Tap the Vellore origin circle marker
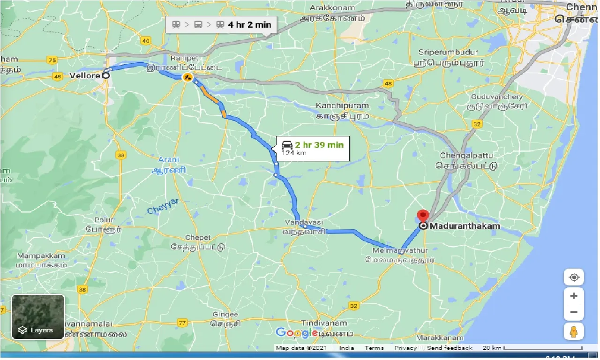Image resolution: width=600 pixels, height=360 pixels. [106, 75]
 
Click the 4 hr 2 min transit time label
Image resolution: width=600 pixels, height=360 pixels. [249, 24]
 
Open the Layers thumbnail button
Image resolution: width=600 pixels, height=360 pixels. [37, 317]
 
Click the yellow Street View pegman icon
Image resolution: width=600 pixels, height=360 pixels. [574, 332]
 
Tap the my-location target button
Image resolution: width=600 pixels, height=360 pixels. [574, 277]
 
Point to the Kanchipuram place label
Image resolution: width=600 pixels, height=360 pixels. [342, 106]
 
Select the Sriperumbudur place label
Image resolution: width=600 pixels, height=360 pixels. [448, 52]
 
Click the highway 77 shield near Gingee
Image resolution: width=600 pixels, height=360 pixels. [182, 322]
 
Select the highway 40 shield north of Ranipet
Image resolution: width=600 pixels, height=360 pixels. [146, 41]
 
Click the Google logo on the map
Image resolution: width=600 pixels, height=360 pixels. [297, 333]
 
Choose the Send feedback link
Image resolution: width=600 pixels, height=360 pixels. [450, 348]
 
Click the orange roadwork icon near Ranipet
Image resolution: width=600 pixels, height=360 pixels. [187, 77]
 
